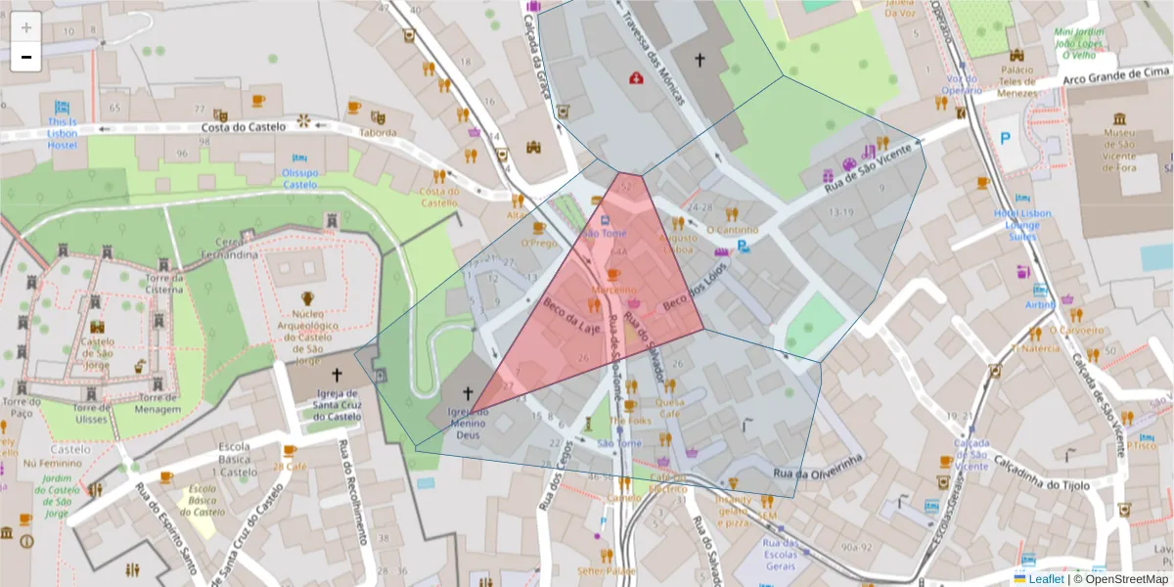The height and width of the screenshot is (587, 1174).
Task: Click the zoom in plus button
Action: [25, 27]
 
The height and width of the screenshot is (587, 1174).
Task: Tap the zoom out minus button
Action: [25, 57]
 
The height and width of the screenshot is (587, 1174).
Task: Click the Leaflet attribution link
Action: [1046, 578]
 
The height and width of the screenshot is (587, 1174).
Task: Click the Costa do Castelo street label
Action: [244, 126]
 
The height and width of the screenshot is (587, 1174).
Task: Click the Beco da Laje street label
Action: [571, 316]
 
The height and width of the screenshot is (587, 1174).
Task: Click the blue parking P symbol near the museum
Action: [1005, 139]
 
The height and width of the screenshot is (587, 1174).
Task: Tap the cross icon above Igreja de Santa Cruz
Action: [338, 374]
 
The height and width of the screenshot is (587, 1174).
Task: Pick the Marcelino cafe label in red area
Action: [614, 290]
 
